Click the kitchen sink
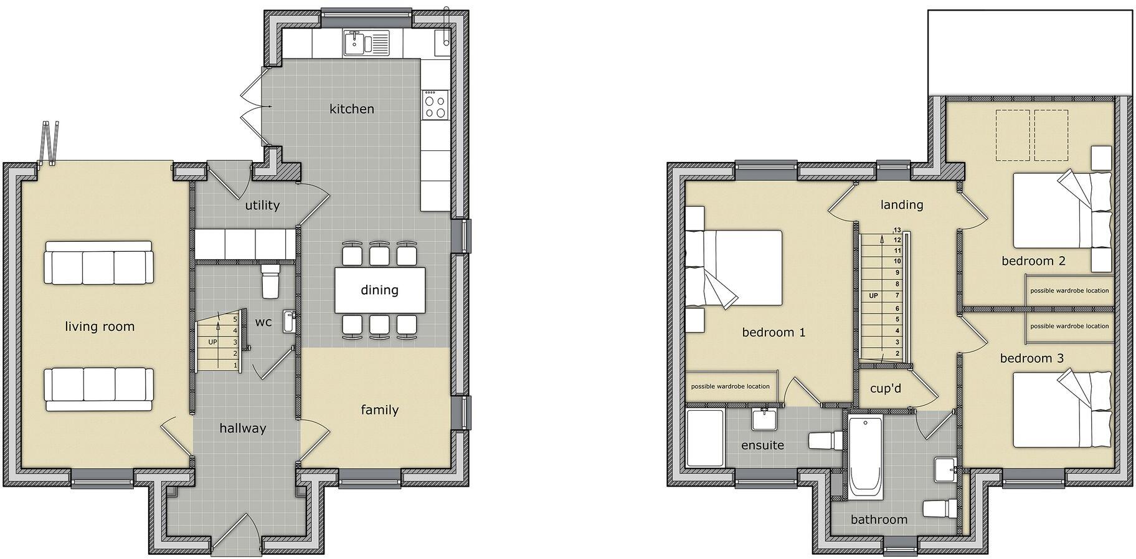pyautogui.click(x=366, y=43)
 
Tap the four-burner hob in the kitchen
pyautogui.click(x=435, y=104)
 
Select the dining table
pyautogui.click(x=380, y=290)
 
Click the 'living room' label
pyautogui.click(x=100, y=327)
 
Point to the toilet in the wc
pyautogui.click(x=271, y=282)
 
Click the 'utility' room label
pyautogui.click(x=262, y=205)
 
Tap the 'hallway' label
pyautogui.click(x=243, y=428)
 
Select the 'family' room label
pyautogui.click(x=380, y=409)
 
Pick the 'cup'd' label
pyautogui.click(x=886, y=388)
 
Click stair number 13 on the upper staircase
pyautogui.click(x=897, y=230)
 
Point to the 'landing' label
pyautogui.click(x=902, y=204)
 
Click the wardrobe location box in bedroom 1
pyautogui.click(x=730, y=386)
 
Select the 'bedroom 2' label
pyautogui.click(x=1033, y=260)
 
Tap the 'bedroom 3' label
pyautogui.click(x=1031, y=358)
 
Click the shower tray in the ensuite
pyautogui.click(x=704, y=437)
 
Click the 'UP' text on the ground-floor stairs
pyautogui.click(x=212, y=342)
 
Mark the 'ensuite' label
pyautogui.click(x=762, y=446)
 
